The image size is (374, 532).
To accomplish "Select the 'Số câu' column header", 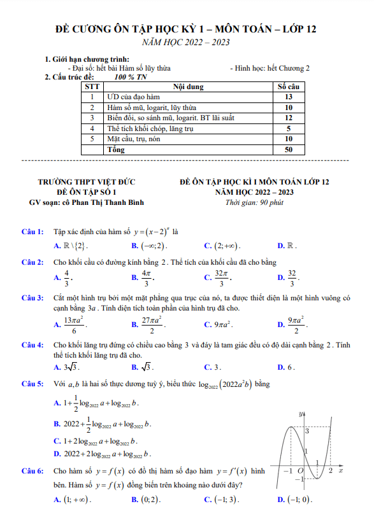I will click(288, 86).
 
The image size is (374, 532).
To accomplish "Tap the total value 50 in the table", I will click(288, 150).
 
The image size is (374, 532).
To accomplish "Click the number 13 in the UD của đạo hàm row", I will click(288, 97).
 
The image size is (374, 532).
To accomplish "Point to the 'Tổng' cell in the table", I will click(115, 150).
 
